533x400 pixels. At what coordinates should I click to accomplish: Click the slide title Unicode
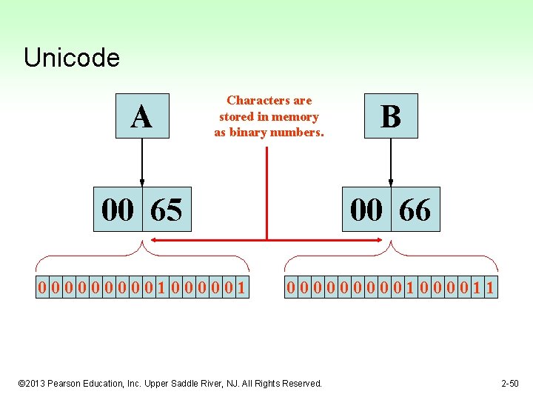coord(71,58)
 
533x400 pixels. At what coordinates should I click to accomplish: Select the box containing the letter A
coord(142,116)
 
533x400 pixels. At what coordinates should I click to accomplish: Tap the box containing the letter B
coord(390,116)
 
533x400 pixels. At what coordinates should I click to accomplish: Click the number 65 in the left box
coord(166,210)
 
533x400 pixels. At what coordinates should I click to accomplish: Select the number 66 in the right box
coord(415,210)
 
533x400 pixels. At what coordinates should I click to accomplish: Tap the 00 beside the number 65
coord(118,210)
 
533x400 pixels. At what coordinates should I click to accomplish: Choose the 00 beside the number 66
coord(366,210)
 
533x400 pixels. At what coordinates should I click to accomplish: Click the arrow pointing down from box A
coord(141,163)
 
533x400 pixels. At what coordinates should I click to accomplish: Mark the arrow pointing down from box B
coord(390,163)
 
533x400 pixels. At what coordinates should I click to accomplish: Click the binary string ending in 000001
coord(142,287)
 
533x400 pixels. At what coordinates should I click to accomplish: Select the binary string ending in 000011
coord(391,287)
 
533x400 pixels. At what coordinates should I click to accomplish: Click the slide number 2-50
coord(510,383)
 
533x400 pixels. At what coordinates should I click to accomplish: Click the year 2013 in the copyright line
coord(39,383)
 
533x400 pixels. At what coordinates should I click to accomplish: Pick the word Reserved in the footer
coord(301,383)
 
